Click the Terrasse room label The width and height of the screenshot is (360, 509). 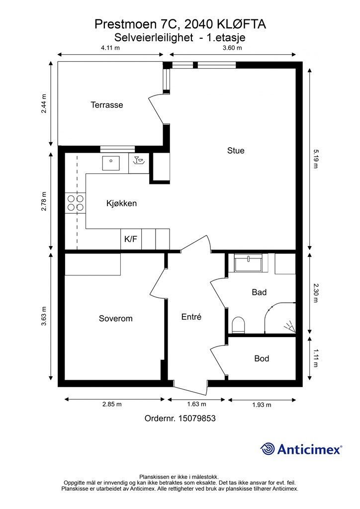(x=107, y=105)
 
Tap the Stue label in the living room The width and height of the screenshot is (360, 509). (x=236, y=151)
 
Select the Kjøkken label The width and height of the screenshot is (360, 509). (x=121, y=203)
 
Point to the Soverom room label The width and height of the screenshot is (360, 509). (x=115, y=319)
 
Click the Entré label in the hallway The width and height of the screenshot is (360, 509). (x=191, y=317)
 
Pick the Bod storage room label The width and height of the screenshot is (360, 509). (x=262, y=358)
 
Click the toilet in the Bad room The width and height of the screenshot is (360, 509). (x=239, y=325)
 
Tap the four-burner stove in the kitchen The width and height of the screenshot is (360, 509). (x=76, y=203)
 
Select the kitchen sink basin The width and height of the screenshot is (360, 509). (x=111, y=163)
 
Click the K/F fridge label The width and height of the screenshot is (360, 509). (x=131, y=239)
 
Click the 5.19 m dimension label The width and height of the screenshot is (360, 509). (x=315, y=159)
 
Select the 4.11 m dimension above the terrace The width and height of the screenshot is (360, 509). (x=110, y=48)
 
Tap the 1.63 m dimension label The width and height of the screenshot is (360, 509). (x=197, y=404)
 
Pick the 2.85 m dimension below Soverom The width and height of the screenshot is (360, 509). (x=112, y=404)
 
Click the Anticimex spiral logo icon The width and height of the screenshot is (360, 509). (x=268, y=449)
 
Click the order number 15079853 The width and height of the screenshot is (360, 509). (x=197, y=418)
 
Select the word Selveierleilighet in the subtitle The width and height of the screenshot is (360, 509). (x=154, y=38)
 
